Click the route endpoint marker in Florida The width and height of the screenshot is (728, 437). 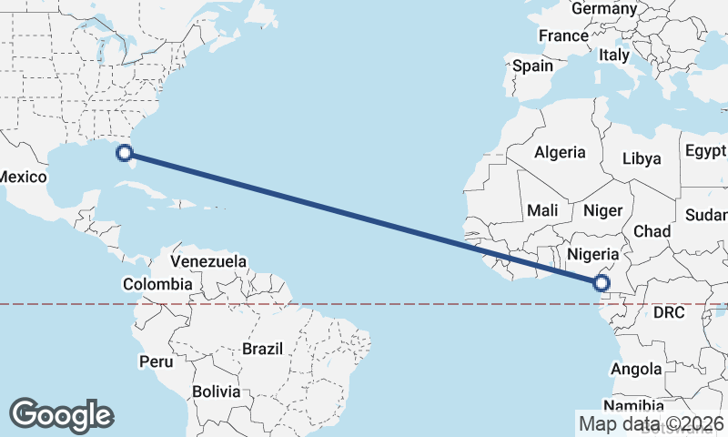point(126,153)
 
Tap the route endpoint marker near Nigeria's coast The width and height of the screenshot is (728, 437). point(601,284)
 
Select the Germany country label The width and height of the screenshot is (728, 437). point(604,8)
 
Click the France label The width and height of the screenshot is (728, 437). point(563,36)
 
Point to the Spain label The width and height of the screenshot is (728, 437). point(532,66)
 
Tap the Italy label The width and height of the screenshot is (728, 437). point(614,56)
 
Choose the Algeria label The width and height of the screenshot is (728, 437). point(560,152)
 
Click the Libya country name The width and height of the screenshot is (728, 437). point(642,158)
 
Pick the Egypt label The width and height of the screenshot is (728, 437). point(705,150)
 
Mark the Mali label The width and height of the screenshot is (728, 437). point(542,210)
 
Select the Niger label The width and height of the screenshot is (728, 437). point(602,210)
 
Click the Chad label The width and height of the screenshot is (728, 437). point(652,231)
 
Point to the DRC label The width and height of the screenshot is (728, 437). point(668,312)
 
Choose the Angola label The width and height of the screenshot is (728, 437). point(636,369)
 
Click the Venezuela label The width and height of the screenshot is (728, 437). point(208,261)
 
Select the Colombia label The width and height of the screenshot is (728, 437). point(158,284)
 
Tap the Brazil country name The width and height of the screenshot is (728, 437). point(263,348)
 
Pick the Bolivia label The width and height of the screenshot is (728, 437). point(217,391)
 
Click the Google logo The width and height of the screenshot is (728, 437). point(61,414)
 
